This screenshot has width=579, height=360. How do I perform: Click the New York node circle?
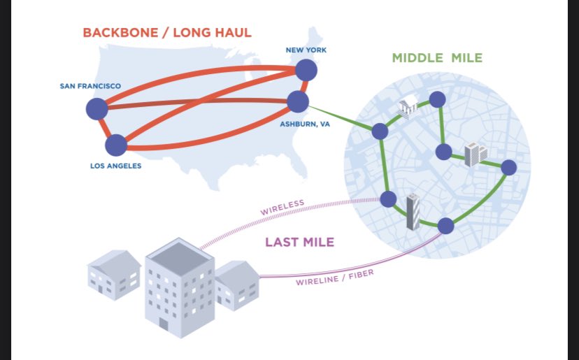pos(306,70)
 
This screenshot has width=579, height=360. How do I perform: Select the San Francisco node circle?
pos(96,108)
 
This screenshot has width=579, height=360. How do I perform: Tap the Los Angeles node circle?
pos(116,145)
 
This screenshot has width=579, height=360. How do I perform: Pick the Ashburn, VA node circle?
pos(298,102)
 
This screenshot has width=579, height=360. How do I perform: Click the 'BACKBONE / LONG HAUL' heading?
pos(167,32)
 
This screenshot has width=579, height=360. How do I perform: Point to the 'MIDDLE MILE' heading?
pos(436,57)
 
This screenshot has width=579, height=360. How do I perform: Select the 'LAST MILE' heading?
pos(299,243)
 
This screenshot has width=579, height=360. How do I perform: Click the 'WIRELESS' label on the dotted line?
pos(283,208)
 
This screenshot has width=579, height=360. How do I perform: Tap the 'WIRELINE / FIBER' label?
pos(334,278)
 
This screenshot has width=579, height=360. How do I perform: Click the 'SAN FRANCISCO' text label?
pos(90,86)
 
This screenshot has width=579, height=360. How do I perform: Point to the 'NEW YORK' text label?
pos(306,50)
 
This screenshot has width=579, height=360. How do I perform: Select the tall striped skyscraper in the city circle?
pos(414,212)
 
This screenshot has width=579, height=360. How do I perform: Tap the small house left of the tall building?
pos(114,275)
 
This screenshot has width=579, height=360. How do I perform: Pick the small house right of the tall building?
pos(236,286)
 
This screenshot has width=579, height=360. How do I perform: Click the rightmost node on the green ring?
pos(508,167)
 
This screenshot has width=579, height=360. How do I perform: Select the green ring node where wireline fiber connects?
pos(445,226)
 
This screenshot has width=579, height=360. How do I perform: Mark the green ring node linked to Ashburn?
pos(380,131)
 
